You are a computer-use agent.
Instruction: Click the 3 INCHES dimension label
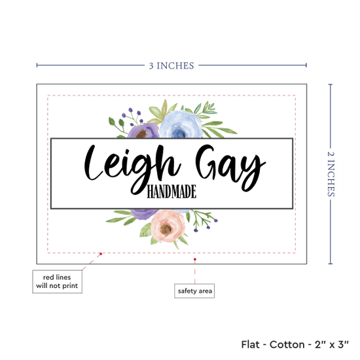pyautogui.click(x=171, y=65)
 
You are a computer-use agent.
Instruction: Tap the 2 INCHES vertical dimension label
pyautogui.click(x=331, y=174)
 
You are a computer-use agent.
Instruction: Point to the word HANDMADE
pyautogui.click(x=171, y=192)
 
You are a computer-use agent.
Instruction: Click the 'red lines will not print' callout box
pyautogui.click(x=57, y=281)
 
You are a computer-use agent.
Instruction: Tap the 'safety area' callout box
pyautogui.click(x=194, y=291)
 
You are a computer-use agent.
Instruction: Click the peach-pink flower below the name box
pyautogui.click(x=168, y=226)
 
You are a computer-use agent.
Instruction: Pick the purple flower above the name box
pyautogui.click(x=143, y=131)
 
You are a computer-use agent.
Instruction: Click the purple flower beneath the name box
pyautogui.click(x=144, y=214)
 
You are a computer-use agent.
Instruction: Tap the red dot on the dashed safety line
pyautogui.click(x=101, y=254)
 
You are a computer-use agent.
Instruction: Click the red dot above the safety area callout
pyautogui.click(x=194, y=259)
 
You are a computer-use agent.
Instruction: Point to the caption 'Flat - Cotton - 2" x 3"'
pyautogui.click(x=295, y=344)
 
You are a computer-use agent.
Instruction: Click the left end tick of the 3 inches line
pyautogui.click(x=37, y=65)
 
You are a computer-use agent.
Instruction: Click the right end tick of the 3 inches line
pyautogui.click(x=306, y=65)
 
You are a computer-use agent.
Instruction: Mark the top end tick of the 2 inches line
pyautogui.click(x=331, y=84)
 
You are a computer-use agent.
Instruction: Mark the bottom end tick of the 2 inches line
pyautogui.click(x=331, y=264)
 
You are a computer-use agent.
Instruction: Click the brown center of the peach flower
pyautogui.click(x=166, y=228)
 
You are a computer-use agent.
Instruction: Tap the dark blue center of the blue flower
pyautogui.click(x=177, y=134)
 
